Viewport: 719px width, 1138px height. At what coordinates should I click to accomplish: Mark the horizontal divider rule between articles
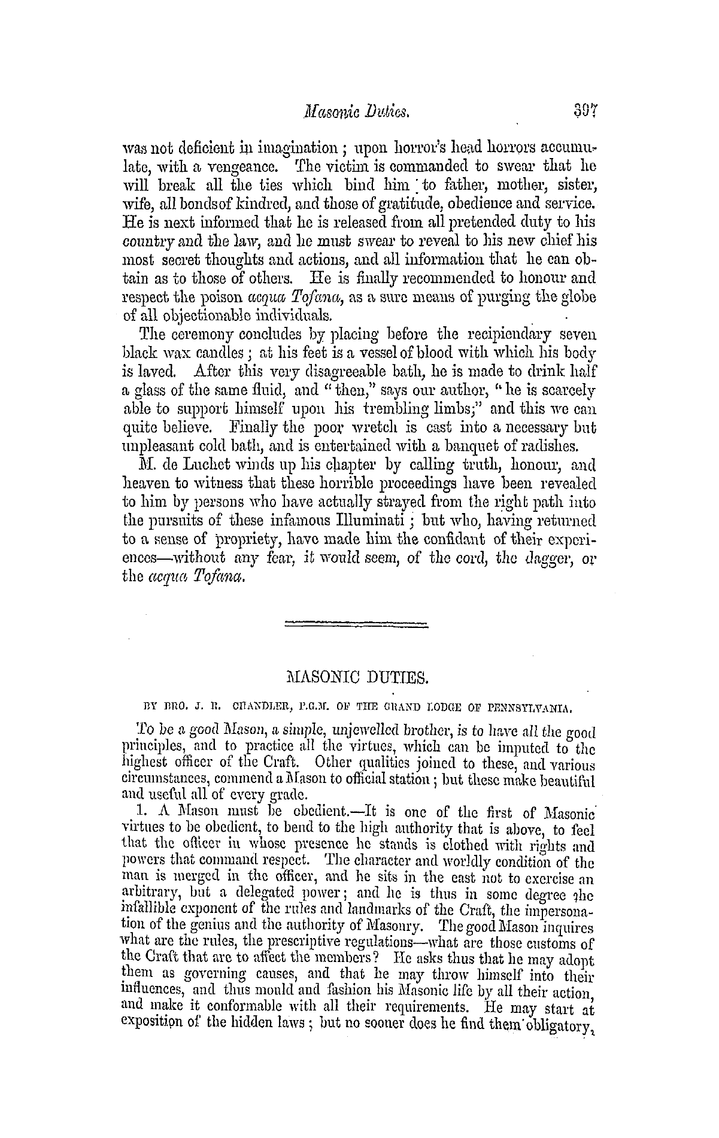pos(357,626)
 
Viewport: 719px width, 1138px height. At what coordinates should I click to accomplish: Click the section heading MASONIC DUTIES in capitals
pos(357,679)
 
